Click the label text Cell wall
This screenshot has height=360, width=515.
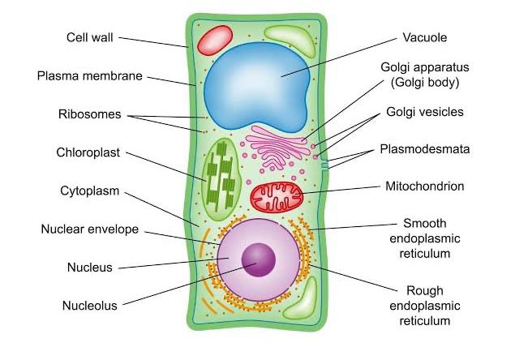(90, 37)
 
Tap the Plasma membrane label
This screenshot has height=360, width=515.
(90, 76)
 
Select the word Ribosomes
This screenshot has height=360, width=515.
(89, 114)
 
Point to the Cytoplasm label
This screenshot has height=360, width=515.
(89, 191)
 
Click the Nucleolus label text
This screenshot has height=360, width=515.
(90, 306)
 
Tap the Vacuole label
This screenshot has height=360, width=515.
(425, 37)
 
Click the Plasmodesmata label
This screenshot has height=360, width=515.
(425, 149)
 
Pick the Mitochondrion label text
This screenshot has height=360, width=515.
(425, 186)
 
